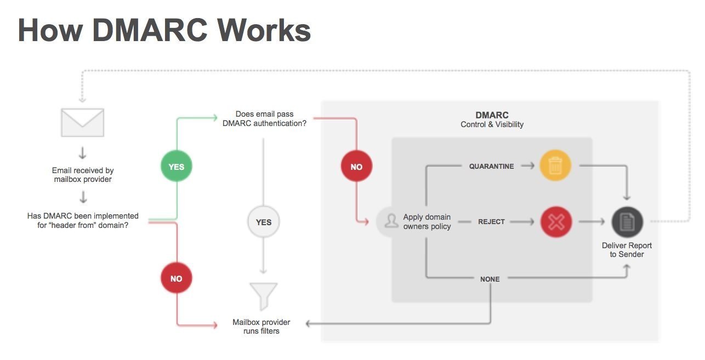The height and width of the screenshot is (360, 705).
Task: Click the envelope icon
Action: (82, 122)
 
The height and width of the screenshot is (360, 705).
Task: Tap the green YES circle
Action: (176, 167)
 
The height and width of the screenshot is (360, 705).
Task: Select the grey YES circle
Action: (263, 222)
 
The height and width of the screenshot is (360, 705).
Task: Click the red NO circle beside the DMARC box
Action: (356, 167)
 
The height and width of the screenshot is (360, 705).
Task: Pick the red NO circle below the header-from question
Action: (176, 278)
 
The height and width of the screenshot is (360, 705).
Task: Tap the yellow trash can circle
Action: (555, 166)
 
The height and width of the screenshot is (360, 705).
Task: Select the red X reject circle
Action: (556, 222)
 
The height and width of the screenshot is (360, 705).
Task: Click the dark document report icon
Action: (627, 222)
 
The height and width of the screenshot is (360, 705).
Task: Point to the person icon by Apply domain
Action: (391, 221)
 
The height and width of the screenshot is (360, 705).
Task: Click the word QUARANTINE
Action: (491, 166)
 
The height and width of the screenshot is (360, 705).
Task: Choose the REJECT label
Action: (491, 222)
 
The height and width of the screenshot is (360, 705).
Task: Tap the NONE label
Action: (490, 279)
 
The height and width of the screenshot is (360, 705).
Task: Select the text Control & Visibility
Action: (492, 124)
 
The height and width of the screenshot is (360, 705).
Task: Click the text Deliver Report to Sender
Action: (627, 250)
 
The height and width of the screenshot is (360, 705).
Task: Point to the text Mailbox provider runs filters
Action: (261, 327)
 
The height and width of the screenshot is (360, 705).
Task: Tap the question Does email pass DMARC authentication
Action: (265, 119)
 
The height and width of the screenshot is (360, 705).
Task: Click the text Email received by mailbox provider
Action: (83, 175)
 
